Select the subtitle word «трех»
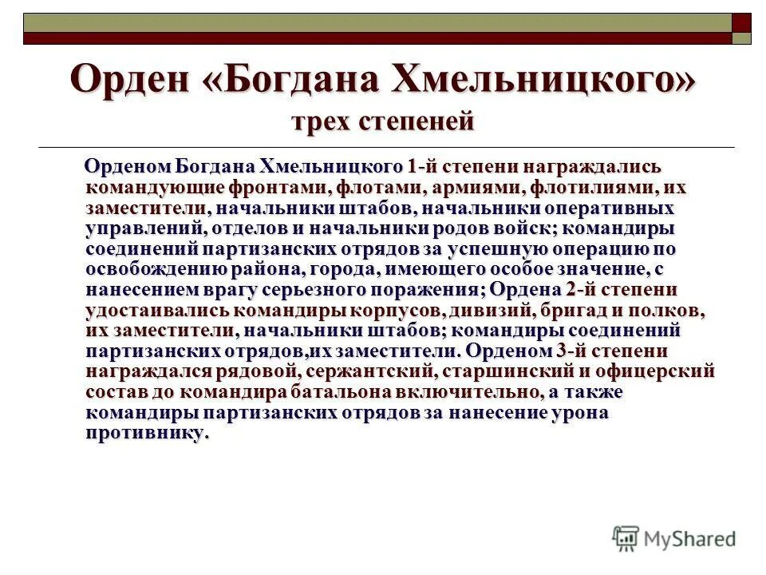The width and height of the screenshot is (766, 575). [x=322, y=122]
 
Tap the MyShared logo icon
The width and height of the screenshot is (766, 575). [x=626, y=538]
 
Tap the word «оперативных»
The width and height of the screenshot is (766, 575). [x=609, y=208]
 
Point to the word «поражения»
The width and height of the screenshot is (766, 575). [x=436, y=288]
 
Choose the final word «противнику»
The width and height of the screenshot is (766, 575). [x=146, y=433]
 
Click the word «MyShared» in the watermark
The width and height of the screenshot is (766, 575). [x=691, y=540]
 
